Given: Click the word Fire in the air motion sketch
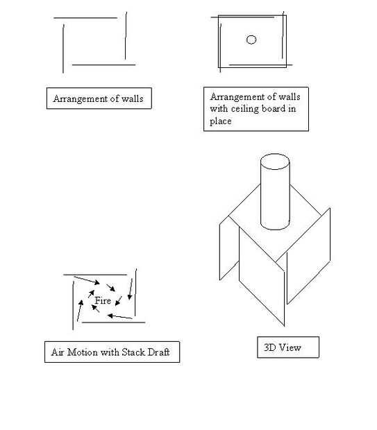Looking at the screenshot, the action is coord(103,300).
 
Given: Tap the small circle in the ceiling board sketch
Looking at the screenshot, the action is coord(251,40).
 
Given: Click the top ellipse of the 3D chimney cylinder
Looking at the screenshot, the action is coord(275,162).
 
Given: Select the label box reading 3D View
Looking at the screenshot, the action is coord(288,347).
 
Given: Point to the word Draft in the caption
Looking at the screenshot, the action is coord(158,352).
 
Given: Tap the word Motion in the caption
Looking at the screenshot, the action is coord(83,352).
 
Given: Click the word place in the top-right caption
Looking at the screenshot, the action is coord(221,121).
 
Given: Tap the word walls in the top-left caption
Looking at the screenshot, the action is coord(133,98).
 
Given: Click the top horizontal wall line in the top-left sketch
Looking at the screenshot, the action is coord(85,18).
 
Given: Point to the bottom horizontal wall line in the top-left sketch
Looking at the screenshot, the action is coord(103,65).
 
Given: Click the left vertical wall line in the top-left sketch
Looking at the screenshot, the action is coord(63,49).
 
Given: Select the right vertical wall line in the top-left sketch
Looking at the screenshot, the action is coord(126,35).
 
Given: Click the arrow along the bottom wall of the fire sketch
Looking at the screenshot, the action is coord(119,316).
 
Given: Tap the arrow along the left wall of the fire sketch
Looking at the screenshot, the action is coord(79,311).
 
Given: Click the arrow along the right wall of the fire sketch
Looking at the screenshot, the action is coord(130,289).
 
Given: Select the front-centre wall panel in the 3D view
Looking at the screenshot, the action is coord(262,277).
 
